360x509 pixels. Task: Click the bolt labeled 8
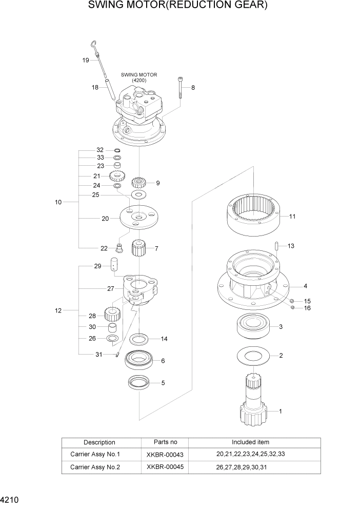pos(181,88)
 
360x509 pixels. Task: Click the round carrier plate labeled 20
pos(138,218)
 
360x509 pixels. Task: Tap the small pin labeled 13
pos(276,246)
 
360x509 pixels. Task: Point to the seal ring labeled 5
pos(139,382)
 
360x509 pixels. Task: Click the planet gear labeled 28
pos(112,314)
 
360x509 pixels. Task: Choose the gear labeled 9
pos(139,182)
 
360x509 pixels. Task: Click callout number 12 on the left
pos(58,310)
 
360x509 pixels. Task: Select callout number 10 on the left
pos(58,202)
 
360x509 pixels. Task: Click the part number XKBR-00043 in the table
pos(165,454)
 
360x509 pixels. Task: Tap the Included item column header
pos(250,442)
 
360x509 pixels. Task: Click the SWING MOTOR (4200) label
pos(139,77)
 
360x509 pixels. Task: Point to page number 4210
pos(9,499)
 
